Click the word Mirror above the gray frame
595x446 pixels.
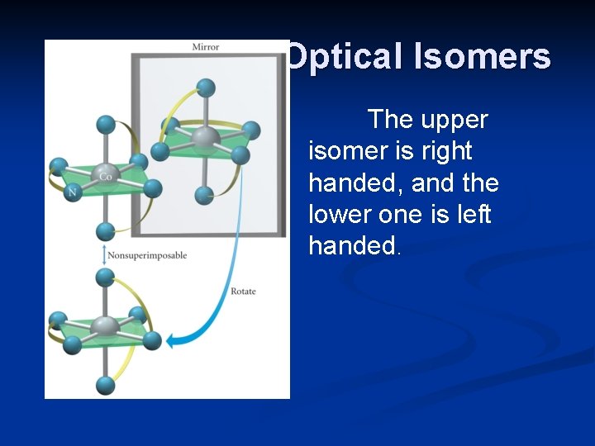[x=206, y=46]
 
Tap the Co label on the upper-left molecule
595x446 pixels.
[x=105, y=176]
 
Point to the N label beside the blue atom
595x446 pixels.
[x=72, y=192]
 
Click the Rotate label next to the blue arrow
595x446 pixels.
[x=243, y=292]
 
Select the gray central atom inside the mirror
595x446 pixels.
[x=205, y=138]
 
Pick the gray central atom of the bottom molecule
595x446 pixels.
[x=105, y=326]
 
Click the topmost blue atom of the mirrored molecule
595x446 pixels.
[x=206, y=87]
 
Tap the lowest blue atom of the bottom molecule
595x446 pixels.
[x=105, y=385]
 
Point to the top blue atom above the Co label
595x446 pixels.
[x=105, y=125]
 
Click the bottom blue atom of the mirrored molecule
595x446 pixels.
[x=205, y=195]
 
